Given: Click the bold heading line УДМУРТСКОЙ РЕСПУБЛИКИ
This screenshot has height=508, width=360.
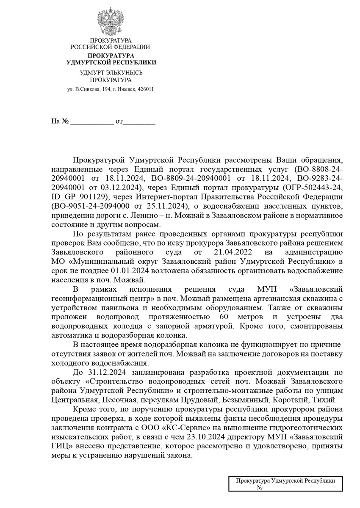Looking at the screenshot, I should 111,62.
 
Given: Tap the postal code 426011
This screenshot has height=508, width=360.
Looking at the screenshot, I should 145,89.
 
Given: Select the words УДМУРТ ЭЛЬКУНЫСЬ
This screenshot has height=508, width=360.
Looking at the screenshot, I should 111,73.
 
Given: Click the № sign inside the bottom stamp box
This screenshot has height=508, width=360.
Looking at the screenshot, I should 260,488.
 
